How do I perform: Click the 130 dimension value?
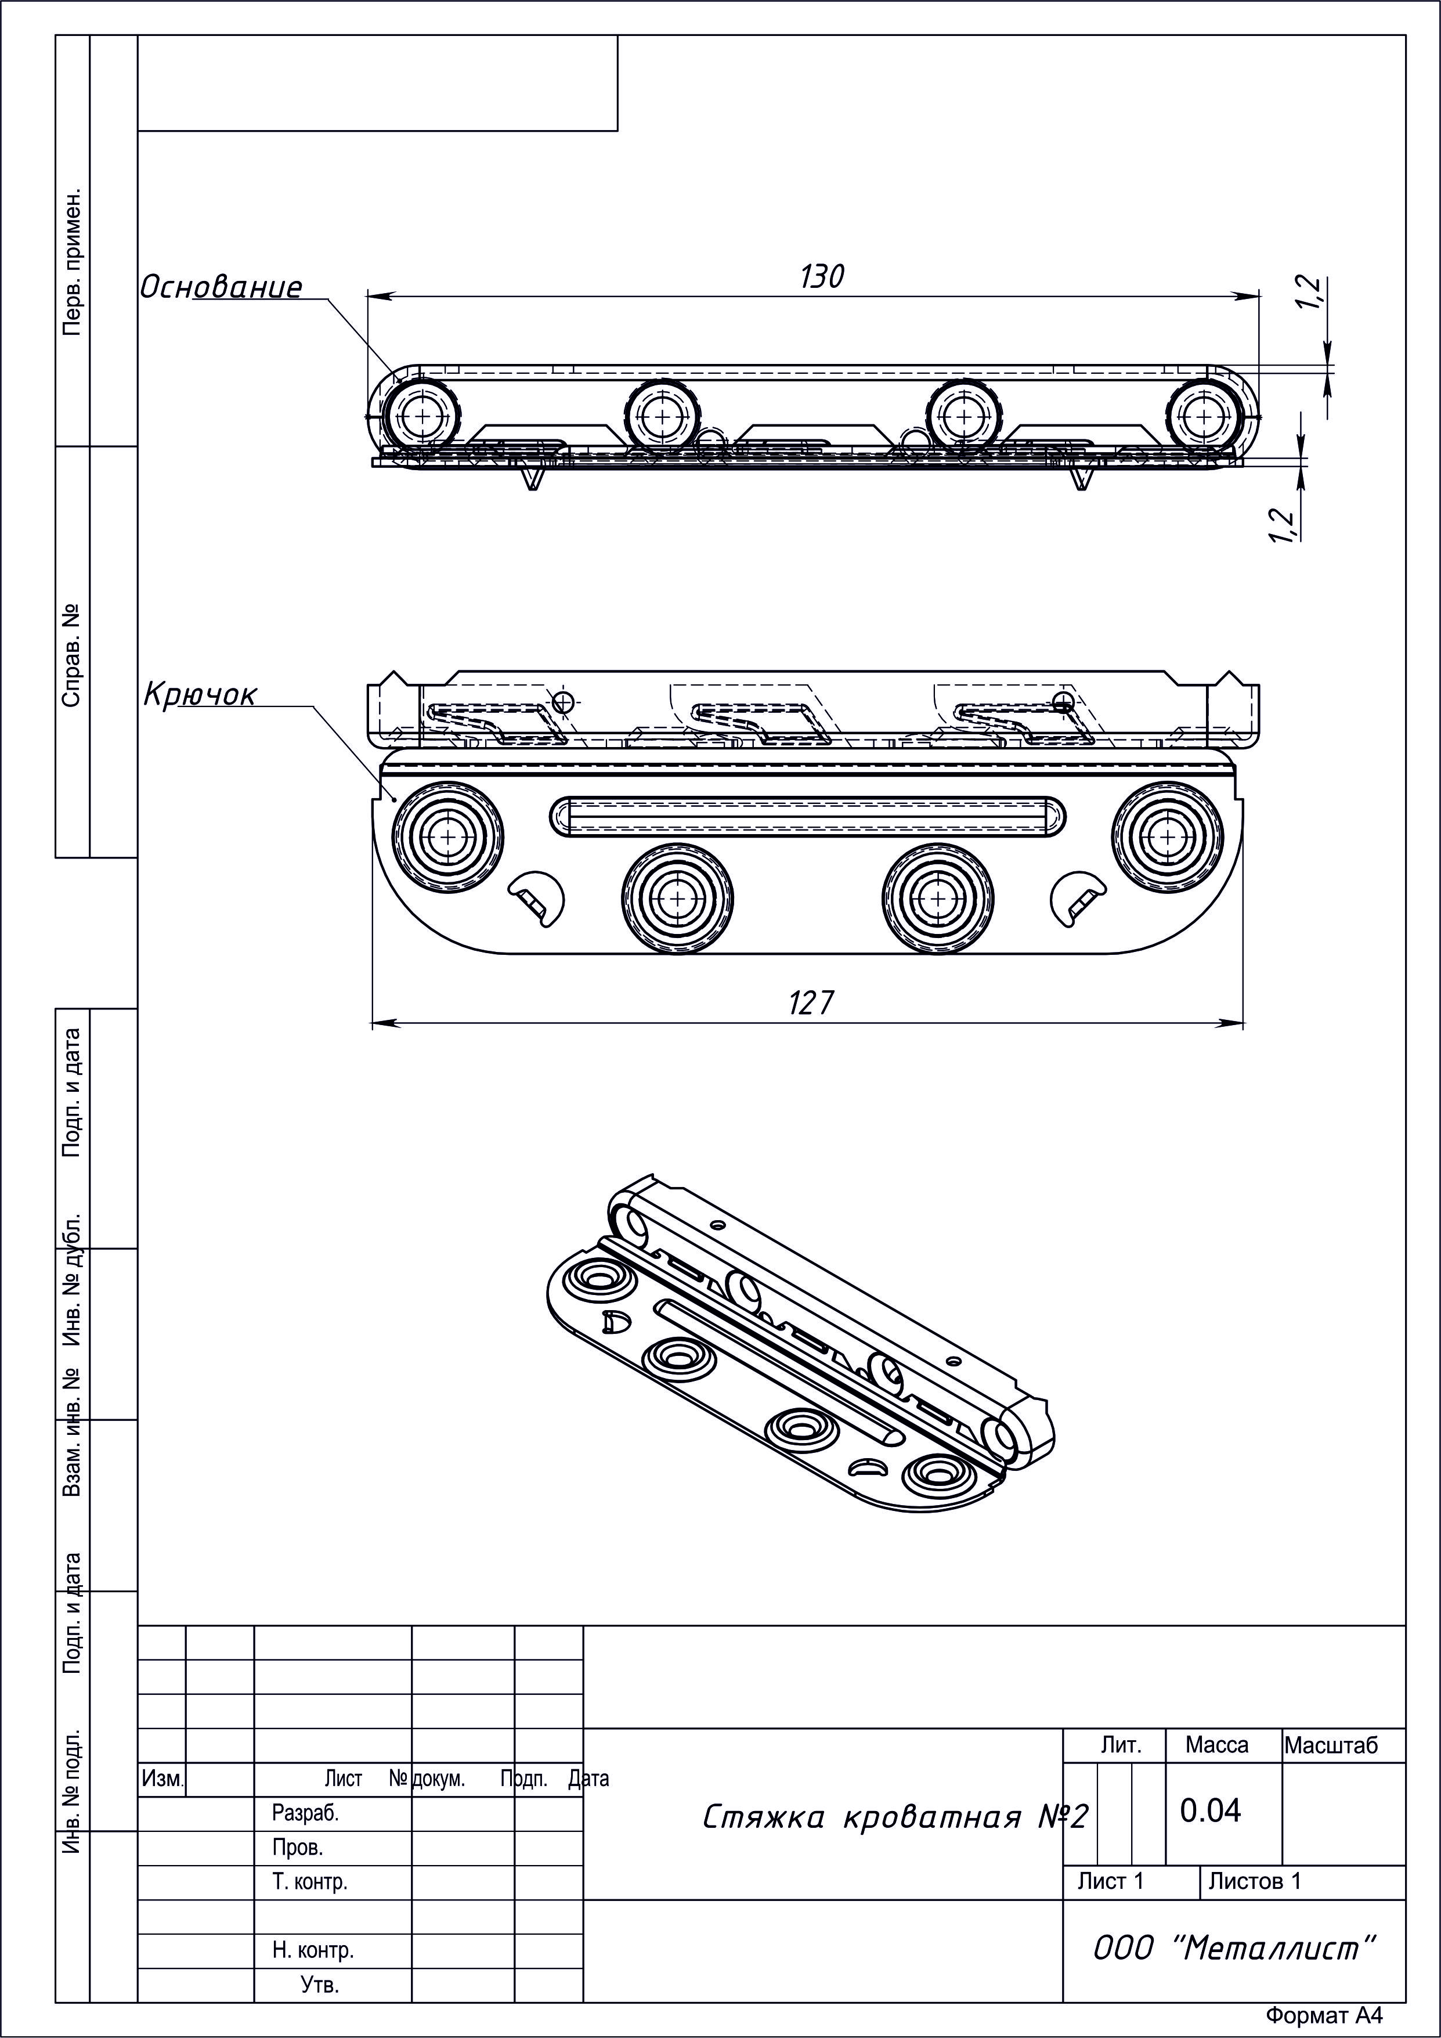[822, 277]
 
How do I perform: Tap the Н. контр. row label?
[312, 1950]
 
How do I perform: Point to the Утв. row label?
[319, 1984]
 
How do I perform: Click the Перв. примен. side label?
[72, 262]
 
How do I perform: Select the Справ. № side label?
[72, 656]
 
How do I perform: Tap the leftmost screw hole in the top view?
[422, 416]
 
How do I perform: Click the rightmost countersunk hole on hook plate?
[1168, 836]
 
